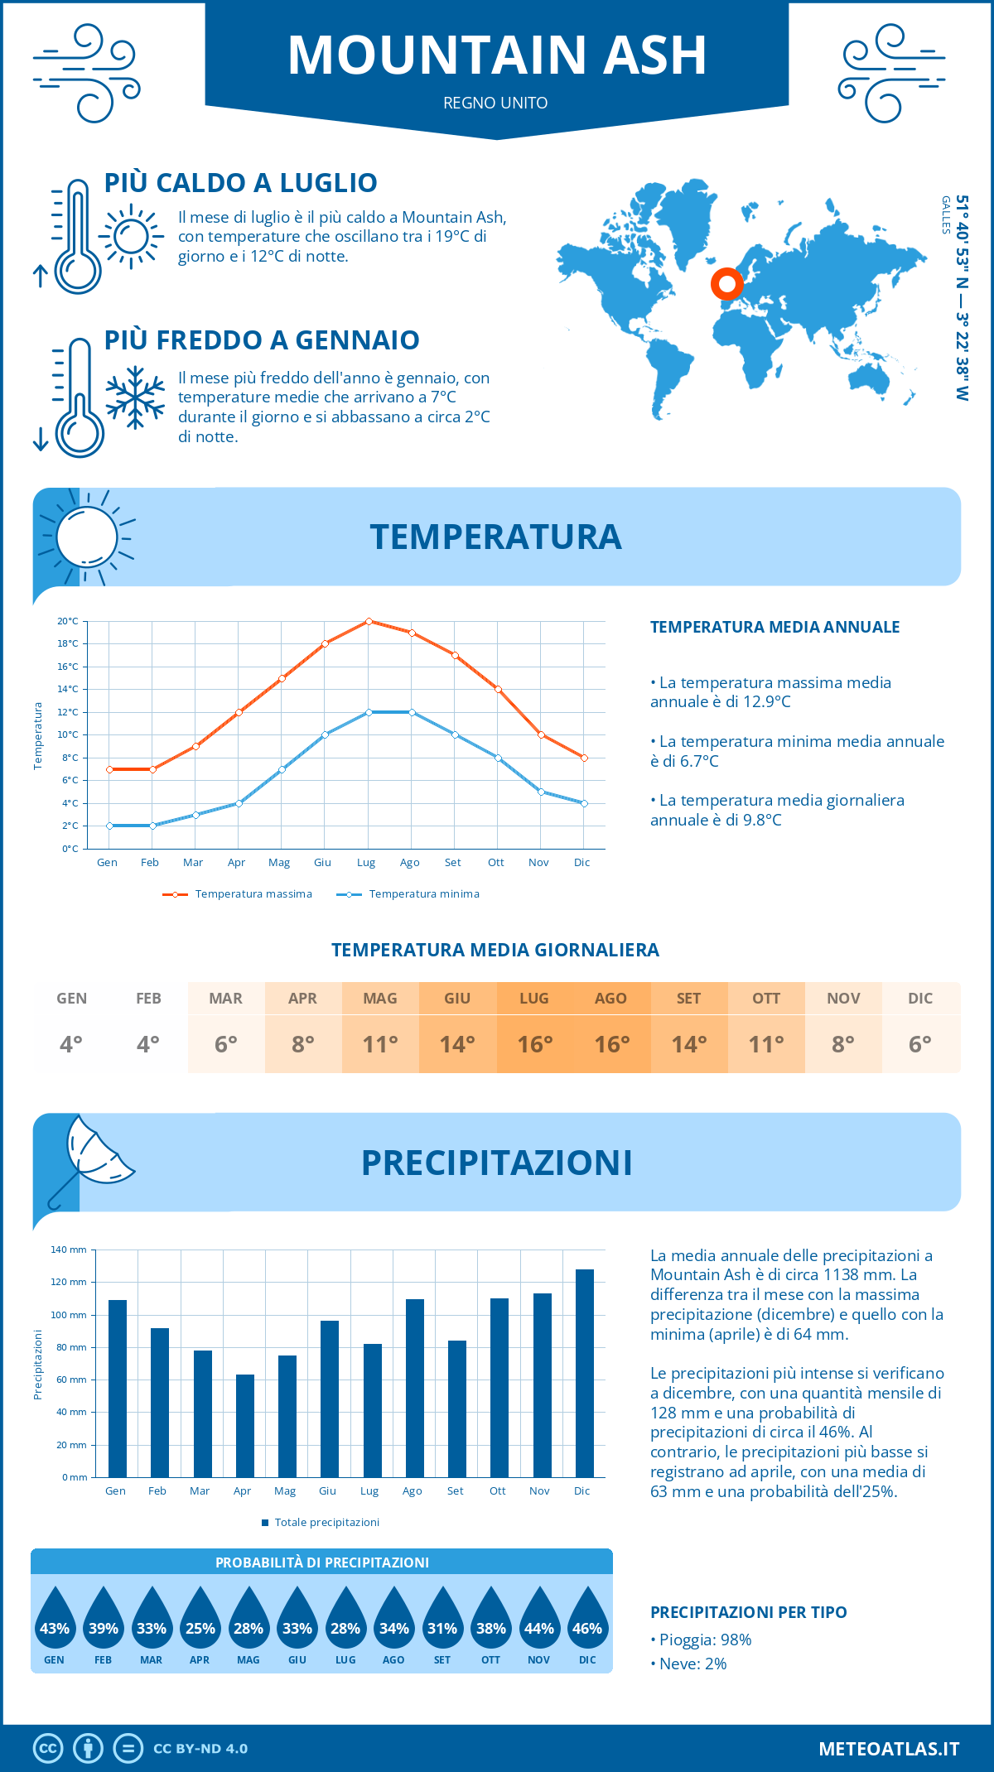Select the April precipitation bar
(x=245, y=1425)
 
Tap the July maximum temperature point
(x=369, y=621)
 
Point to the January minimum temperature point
(x=109, y=826)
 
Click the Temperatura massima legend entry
(x=238, y=894)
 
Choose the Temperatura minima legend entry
(x=408, y=894)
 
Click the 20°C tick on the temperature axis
(x=68, y=621)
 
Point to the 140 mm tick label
(x=70, y=1250)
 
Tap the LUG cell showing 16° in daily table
(x=534, y=1028)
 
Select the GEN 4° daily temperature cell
(x=71, y=1028)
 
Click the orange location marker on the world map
(x=727, y=284)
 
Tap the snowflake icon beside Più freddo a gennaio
(x=135, y=397)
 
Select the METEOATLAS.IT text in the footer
(x=889, y=1749)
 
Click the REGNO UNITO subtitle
(x=495, y=103)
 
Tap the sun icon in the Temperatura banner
(x=86, y=536)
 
